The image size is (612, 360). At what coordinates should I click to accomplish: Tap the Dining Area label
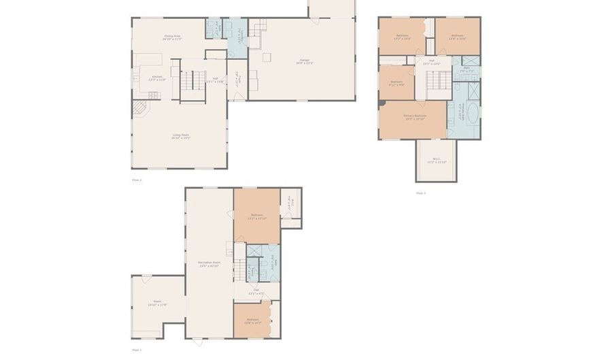coord(172,37)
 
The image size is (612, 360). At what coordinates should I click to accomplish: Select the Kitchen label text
coord(157,78)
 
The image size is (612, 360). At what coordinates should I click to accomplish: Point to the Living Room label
coord(180,136)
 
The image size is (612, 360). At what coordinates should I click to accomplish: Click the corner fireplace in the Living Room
coord(138,109)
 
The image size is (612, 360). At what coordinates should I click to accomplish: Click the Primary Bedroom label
coord(414,116)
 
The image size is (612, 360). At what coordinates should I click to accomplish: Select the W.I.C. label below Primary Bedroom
coord(436,161)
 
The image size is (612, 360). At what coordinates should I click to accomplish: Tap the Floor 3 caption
coord(421,193)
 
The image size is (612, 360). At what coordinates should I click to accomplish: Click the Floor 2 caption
coord(137,180)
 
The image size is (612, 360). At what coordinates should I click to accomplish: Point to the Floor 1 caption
coord(137,350)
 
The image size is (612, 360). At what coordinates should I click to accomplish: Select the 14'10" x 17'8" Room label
coord(157,303)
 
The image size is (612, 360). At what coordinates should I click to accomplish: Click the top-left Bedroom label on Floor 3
coord(402,37)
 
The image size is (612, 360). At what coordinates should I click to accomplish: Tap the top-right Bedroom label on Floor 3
coord(457,37)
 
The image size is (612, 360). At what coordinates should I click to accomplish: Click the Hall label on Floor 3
coord(432,62)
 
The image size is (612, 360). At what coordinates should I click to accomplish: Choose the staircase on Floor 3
coord(435,82)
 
